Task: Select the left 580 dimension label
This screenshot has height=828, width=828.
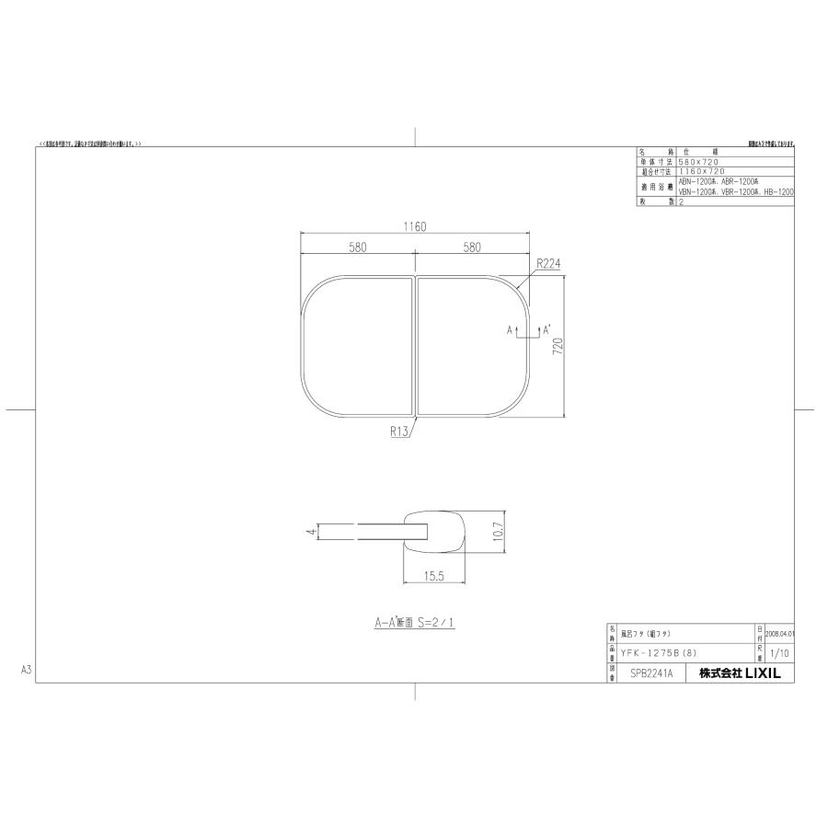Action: pos(358,247)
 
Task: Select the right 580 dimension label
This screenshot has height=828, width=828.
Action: pos(472,247)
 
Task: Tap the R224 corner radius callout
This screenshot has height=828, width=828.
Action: pos(548,263)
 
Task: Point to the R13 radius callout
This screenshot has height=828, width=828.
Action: pos(400,430)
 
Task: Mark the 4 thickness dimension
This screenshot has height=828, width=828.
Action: pos(313,531)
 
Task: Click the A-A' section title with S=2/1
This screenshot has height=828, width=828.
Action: pos(414,623)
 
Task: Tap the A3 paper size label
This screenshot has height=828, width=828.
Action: pos(26,671)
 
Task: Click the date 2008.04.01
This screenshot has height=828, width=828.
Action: pos(778,634)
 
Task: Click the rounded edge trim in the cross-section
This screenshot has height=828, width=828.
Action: pos(436,531)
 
